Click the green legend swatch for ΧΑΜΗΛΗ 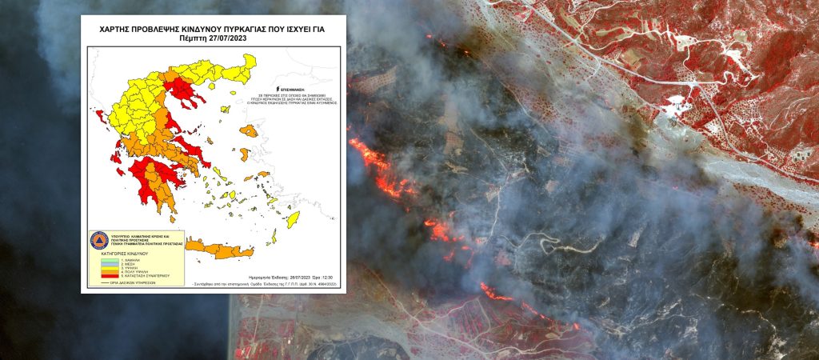(x=102, y=261)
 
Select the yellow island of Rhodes (x=294, y=218)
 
